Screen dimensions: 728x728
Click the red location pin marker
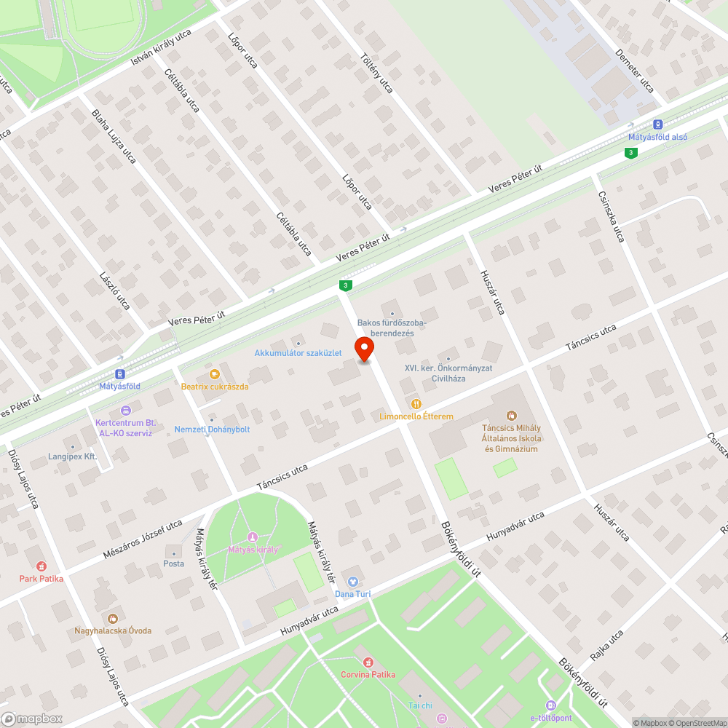tap(363, 349)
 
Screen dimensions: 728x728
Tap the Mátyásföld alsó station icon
tap(658, 124)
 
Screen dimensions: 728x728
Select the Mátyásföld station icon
tap(120, 373)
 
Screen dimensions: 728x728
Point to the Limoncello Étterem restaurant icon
tap(416, 403)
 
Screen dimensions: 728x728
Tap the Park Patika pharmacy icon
tap(41, 566)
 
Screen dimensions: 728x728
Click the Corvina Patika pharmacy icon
tap(368, 662)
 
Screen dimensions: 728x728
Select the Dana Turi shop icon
tap(353, 582)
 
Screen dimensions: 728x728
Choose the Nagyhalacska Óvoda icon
tap(113, 618)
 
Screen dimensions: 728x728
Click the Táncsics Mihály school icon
tap(512, 416)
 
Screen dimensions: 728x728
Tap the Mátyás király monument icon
tap(253, 537)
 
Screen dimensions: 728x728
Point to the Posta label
tap(173, 563)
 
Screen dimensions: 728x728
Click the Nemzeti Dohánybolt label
tap(212, 430)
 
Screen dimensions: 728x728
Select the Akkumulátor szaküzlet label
tap(298, 353)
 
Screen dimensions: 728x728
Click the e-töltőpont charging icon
tap(550, 705)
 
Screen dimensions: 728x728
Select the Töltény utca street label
tap(376, 73)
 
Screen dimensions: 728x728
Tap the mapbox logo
tap(33, 719)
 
